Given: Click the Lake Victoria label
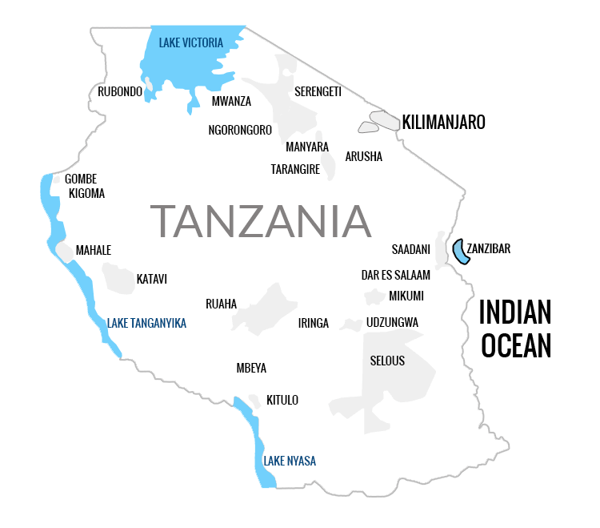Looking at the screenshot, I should [190, 43].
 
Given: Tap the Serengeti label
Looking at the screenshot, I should [318, 92].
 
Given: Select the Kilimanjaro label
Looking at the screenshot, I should [443, 123].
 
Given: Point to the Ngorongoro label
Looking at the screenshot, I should [240, 130].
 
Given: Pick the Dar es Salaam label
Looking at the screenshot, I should [395, 275].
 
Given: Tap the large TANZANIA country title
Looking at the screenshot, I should [261, 221].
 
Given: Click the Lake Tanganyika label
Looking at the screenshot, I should [146, 323].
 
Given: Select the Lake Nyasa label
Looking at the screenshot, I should [290, 461].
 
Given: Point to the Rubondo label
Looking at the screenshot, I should [120, 92].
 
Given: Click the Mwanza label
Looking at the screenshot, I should [231, 102].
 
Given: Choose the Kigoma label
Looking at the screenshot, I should [86, 193].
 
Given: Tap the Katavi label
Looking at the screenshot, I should [151, 280].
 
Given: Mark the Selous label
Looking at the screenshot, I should [387, 361].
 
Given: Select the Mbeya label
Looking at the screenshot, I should [251, 369].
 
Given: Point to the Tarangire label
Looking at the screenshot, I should [295, 170].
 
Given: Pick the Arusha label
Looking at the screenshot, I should [363, 157].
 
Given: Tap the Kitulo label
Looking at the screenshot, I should [282, 400].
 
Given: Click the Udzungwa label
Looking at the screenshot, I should [392, 323].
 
